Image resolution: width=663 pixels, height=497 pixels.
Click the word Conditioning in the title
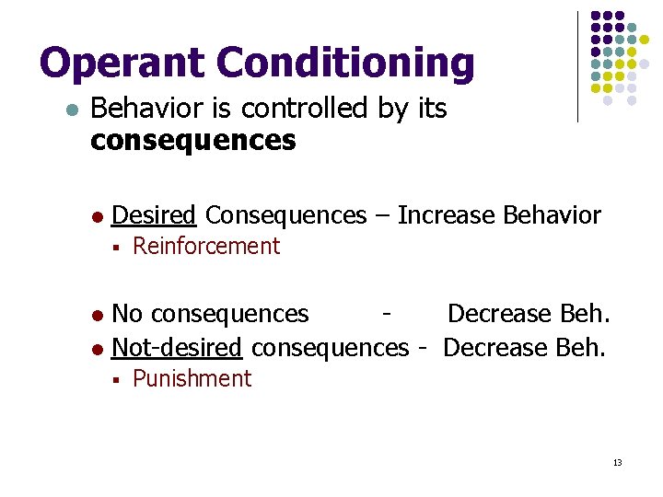point(345,63)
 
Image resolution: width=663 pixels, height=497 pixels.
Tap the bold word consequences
point(193,141)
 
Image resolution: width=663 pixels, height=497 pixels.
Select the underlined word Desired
point(154,215)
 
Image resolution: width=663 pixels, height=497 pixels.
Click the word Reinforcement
point(206,247)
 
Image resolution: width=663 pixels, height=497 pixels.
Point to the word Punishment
point(192,379)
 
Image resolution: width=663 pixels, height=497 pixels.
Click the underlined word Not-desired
point(177,348)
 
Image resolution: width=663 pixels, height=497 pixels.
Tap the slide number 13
point(617,462)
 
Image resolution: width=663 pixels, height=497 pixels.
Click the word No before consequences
point(127,315)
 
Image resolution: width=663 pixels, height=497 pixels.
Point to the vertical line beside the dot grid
point(577,66)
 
